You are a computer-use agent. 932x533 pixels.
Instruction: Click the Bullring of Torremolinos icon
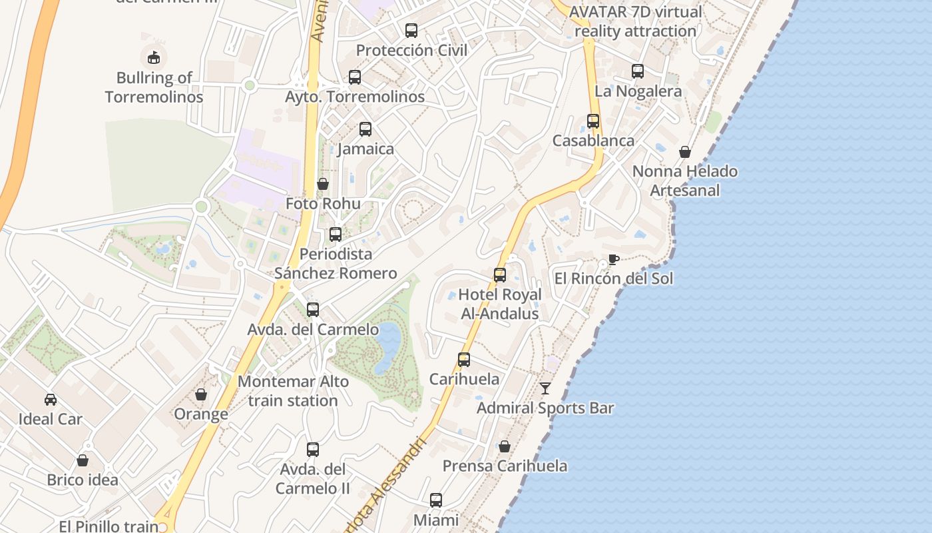pyautogui.click(x=154, y=57)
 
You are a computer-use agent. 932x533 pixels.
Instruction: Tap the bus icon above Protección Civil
pyautogui.click(x=411, y=30)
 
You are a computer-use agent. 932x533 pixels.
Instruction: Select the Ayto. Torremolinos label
pyautogui.click(x=355, y=97)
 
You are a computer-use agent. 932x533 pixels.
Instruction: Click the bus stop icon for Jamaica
pyautogui.click(x=365, y=129)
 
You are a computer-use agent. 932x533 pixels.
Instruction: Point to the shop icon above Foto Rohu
pyautogui.click(x=323, y=183)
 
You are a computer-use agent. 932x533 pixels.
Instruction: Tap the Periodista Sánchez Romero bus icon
pyautogui.click(x=336, y=234)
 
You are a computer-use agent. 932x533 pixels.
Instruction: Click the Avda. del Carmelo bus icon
pyautogui.click(x=313, y=309)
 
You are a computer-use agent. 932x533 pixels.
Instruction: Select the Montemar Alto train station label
pyautogui.click(x=293, y=391)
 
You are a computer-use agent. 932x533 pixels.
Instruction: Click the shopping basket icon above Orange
pyautogui.click(x=201, y=394)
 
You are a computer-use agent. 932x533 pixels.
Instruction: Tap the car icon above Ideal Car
pyautogui.click(x=51, y=399)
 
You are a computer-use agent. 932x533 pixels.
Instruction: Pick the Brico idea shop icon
pyautogui.click(x=83, y=460)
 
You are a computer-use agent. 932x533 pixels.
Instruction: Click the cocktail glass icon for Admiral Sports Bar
pyautogui.click(x=545, y=388)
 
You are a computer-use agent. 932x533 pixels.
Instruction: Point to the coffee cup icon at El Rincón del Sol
pyautogui.click(x=613, y=259)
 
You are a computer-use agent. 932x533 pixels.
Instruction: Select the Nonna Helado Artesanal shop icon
pyautogui.click(x=685, y=152)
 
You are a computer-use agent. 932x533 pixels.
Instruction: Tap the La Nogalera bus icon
pyautogui.click(x=638, y=71)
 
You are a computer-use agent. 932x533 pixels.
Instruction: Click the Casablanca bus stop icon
pyautogui.click(x=593, y=121)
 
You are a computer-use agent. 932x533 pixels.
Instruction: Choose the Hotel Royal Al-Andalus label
pyautogui.click(x=499, y=304)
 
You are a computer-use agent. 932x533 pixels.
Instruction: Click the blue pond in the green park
pyautogui.click(x=387, y=346)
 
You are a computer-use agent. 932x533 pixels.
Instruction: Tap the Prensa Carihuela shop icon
pyautogui.click(x=505, y=446)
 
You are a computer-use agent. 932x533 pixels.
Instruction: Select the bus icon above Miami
pyautogui.click(x=436, y=500)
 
